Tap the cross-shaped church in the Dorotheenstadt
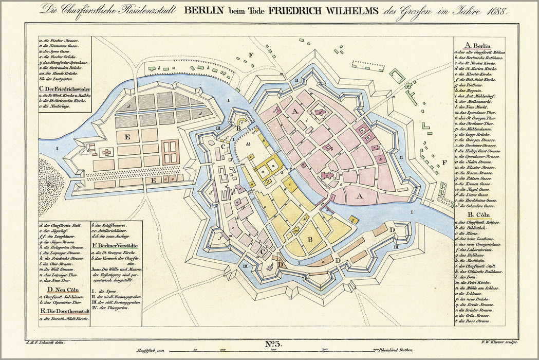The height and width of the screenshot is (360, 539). pos(106,152)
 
